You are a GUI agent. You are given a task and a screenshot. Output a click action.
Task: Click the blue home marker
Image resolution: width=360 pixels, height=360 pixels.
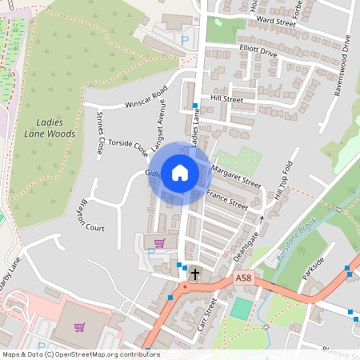[180, 173]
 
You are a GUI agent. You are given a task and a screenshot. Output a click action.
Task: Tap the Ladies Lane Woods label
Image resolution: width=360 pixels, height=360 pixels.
[50, 128]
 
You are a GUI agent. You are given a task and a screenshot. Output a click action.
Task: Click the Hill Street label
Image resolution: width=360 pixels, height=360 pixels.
[226, 99]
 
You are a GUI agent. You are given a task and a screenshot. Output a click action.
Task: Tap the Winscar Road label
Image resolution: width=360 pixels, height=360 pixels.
[144, 103]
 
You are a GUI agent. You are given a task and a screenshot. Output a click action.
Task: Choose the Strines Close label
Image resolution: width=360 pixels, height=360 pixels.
[100, 133]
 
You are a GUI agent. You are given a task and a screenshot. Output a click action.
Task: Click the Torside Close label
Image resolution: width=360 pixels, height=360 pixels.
[128, 147]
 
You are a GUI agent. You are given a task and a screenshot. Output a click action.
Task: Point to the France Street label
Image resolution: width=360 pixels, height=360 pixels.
[227, 199]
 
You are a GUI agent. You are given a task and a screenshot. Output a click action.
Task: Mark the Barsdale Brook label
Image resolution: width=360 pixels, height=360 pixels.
[297, 237]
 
